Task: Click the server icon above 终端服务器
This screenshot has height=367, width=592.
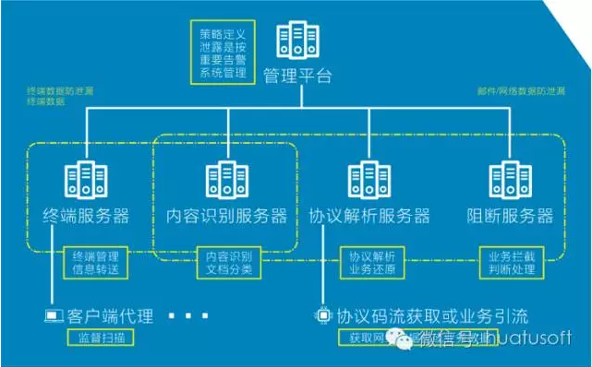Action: pos(87,182)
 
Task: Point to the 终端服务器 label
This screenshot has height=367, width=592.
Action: pos(87,217)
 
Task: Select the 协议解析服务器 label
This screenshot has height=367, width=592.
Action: pos(369,217)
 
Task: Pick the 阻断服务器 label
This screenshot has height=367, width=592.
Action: pos(510,217)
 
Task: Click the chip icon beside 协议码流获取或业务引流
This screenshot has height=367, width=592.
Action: pos(323,314)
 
